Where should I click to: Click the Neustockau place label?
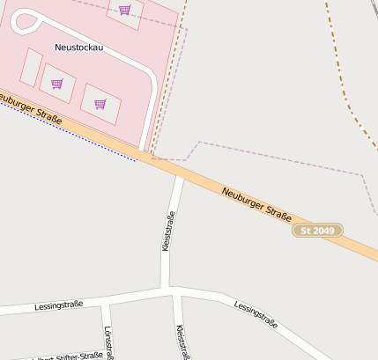(78, 48)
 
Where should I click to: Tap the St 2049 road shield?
(317, 230)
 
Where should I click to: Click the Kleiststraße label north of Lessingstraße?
(168, 231)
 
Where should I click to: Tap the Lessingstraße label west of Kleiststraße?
(59, 305)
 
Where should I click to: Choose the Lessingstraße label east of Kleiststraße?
(256, 314)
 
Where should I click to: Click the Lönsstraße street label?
(109, 343)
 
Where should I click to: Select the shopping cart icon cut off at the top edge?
(124, 11)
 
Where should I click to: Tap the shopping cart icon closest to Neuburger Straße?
(100, 104)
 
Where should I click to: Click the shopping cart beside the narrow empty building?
(57, 84)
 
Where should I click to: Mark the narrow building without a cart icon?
(31, 68)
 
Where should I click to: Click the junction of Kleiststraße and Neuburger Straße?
(179, 174)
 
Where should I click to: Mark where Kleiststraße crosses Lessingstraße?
(170, 289)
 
